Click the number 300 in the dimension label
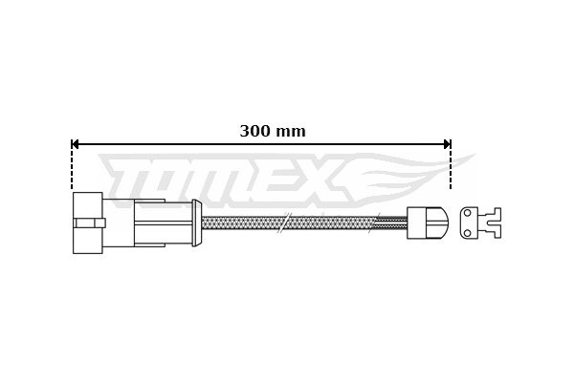(x=254, y=131)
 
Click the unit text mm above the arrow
(x=290, y=132)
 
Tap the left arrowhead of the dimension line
(x=75, y=144)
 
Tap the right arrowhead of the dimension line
(x=447, y=144)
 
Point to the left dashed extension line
(x=72, y=164)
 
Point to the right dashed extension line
(x=451, y=164)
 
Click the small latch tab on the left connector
(x=89, y=223)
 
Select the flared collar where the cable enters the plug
(x=196, y=223)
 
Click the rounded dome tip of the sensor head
(x=441, y=223)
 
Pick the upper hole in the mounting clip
(x=467, y=213)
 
